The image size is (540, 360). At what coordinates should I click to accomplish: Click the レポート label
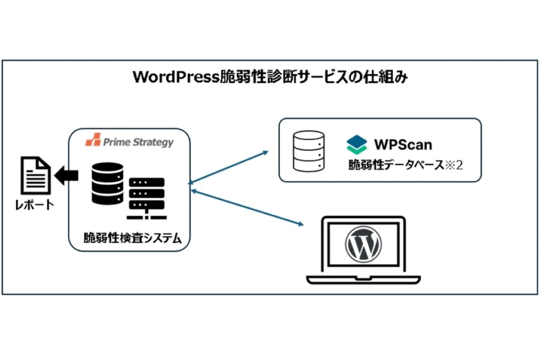coord(35,205)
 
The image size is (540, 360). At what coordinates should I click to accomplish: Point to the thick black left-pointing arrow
coord(67,177)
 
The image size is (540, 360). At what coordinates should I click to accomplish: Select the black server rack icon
coord(146,198)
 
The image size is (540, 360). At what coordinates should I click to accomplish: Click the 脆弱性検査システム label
coord(133,238)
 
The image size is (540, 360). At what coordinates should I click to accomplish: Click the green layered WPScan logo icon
coord(357,144)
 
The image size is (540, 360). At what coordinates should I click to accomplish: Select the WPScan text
coord(403,144)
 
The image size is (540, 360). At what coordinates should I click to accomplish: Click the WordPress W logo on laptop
coord(363,244)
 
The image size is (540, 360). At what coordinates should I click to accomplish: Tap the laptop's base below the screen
coord(363,278)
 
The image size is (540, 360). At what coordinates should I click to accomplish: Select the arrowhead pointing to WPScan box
coord(265,152)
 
